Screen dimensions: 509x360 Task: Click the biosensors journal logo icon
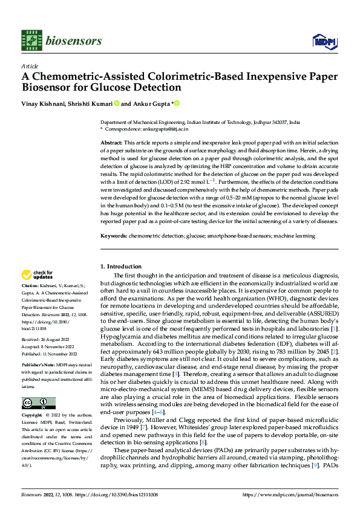30,40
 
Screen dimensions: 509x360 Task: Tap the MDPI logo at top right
323,41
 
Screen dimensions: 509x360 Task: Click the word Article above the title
29,66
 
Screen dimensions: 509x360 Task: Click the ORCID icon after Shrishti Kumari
116,103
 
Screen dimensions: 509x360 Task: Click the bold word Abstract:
112,141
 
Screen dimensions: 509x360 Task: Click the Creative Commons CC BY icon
38,403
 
